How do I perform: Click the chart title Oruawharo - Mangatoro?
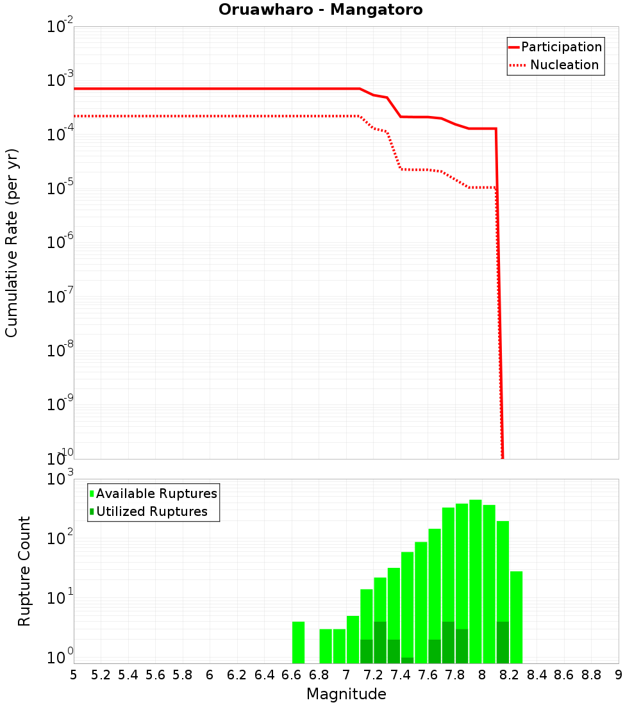320,10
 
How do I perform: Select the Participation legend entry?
561,47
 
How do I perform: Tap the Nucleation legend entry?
563,65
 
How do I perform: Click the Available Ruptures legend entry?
156,493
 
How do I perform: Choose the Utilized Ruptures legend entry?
151,511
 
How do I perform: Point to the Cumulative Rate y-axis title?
12,243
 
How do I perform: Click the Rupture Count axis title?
24,571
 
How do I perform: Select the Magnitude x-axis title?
346,694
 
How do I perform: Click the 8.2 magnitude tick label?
510,675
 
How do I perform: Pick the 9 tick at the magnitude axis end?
619,675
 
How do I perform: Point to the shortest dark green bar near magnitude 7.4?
407,660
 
